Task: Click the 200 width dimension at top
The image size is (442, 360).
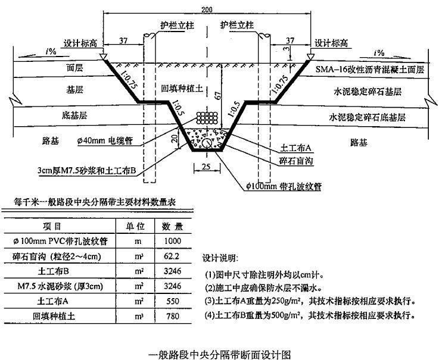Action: click(207, 10)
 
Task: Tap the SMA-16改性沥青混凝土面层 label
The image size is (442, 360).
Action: click(370, 70)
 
